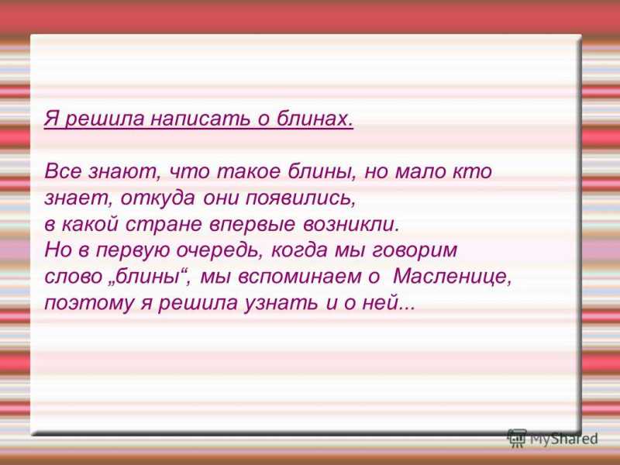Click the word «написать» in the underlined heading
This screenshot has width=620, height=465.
tap(200, 119)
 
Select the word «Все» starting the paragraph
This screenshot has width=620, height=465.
tap(63, 171)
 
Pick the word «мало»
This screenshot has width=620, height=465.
tap(420, 172)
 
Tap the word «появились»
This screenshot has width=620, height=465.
tap(300, 198)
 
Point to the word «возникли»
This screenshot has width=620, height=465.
tap(350, 225)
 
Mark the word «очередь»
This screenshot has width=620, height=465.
tap(219, 251)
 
